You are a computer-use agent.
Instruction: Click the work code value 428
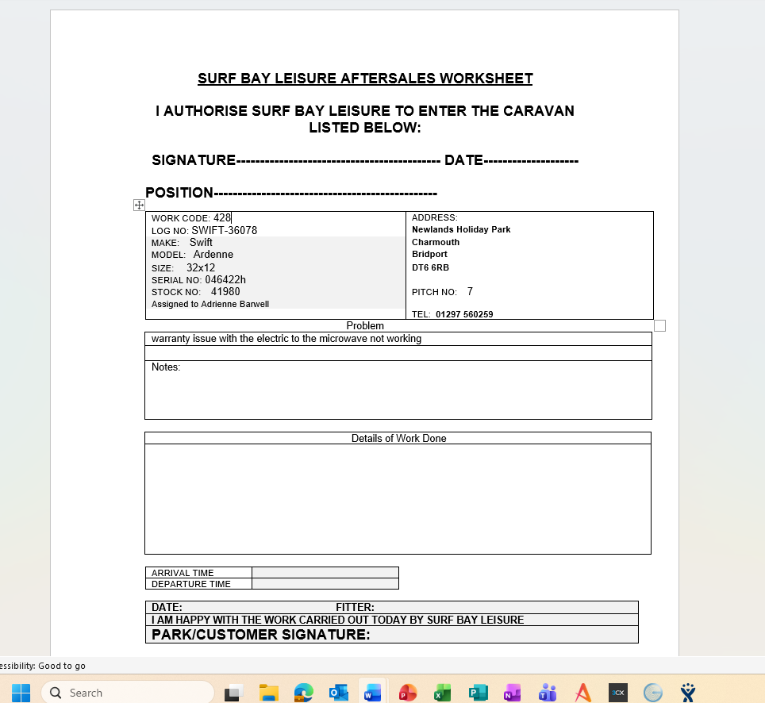click(x=222, y=217)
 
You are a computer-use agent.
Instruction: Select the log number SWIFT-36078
click(x=224, y=231)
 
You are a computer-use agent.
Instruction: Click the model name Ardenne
click(x=213, y=255)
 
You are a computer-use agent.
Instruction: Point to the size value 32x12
click(x=201, y=268)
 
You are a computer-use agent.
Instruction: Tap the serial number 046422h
click(x=225, y=280)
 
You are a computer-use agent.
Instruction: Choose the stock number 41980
click(x=225, y=292)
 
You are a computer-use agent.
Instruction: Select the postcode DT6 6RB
click(x=430, y=267)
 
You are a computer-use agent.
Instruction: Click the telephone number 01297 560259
click(x=464, y=314)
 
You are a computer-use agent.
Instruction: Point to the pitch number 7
click(x=470, y=292)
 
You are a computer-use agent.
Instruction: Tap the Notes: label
click(x=166, y=367)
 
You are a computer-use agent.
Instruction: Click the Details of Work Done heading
click(x=398, y=438)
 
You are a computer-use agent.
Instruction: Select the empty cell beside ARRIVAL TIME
click(x=325, y=573)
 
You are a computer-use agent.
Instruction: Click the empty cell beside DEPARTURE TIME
click(x=325, y=584)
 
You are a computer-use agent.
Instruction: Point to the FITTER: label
click(x=355, y=608)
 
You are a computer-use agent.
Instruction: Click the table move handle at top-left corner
click(x=140, y=205)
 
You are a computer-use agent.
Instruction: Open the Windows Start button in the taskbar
click(x=21, y=693)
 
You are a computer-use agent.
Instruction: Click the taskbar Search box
click(x=127, y=693)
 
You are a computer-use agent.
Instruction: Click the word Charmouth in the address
click(x=436, y=242)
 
